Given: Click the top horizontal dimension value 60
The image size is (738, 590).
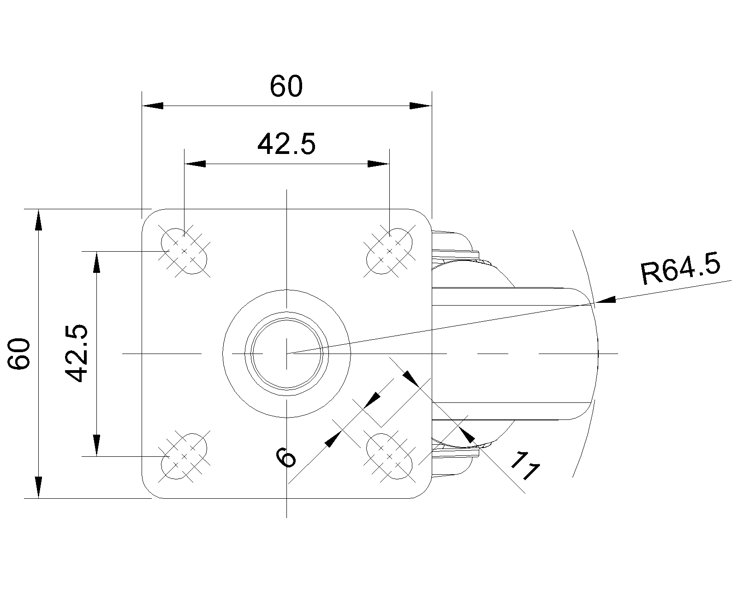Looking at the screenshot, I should pyautogui.click(x=286, y=87).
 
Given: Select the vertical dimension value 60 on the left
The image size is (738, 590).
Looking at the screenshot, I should pyautogui.click(x=20, y=354).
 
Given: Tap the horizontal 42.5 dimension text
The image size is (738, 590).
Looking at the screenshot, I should pyautogui.click(x=286, y=145).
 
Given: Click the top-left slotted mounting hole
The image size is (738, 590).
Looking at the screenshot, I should pyautogui.click(x=184, y=251).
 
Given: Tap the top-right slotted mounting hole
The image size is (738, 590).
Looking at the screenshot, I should pyautogui.click(x=389, y=251).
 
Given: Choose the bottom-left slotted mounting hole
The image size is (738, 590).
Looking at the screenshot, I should pyautogui.click(x=184, y=456).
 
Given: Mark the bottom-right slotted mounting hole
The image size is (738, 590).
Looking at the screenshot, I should pyautogui.click(x=389, y=456).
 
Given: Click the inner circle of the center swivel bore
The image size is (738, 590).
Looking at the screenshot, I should pyautogui.click(x=287, y=354).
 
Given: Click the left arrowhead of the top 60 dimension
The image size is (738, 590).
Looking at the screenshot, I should pyautogui.click(x=152, y=106).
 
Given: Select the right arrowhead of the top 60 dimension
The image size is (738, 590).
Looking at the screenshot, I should pyautogui.click(x=421, y=106).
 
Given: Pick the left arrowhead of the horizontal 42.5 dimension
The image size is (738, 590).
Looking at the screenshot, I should pyautogui.click(x=195, y=164).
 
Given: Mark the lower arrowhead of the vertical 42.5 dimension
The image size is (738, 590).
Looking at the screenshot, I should pyautogui.click(x=96, y=445).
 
